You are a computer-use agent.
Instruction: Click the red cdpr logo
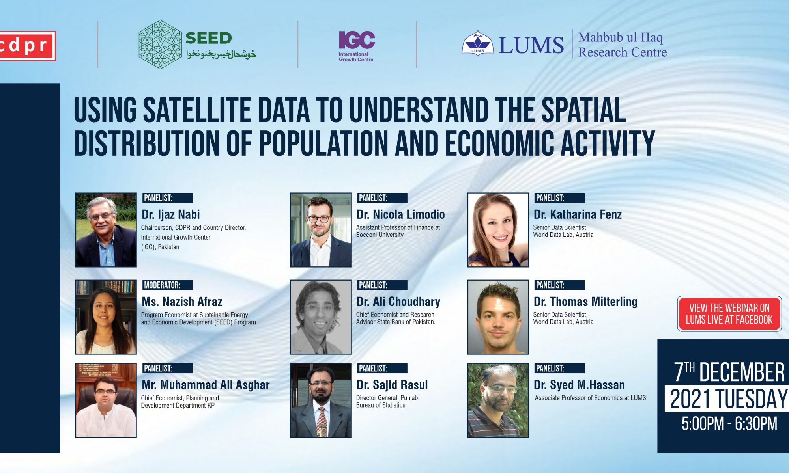point(28,46)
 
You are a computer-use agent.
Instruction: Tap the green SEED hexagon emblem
point(160,45)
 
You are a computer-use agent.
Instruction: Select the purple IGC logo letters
point(357,40)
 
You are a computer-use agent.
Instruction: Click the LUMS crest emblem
point(478,43)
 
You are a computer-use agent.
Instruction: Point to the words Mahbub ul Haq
point(621,37)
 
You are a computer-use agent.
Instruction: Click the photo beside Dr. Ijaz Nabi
point(106,230)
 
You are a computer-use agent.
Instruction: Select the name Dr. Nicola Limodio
point(401,214)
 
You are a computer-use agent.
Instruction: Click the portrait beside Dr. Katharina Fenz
point(498,230)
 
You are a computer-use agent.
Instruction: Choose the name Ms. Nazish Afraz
point(182,302)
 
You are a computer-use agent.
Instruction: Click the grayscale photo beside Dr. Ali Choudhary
point(321,317)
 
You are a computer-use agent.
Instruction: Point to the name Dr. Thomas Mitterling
point(585,302)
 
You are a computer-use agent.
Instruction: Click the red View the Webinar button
point(729,314)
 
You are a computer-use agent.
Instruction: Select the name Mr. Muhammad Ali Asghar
point(206,385)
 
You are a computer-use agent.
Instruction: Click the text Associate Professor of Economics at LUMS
point(590,398)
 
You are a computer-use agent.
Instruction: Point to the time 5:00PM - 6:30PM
point(729,424)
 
